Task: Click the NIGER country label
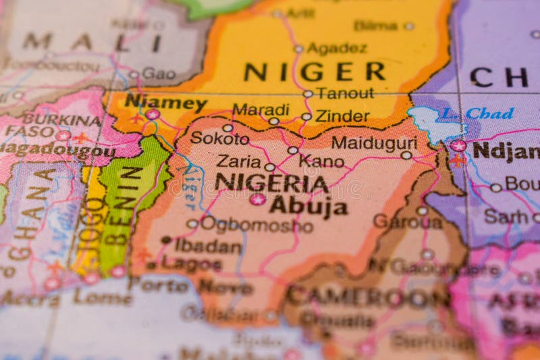314,71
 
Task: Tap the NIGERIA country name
271,183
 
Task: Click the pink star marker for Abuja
257,199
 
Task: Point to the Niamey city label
165,103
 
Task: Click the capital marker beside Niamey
153,115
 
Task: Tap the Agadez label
336,48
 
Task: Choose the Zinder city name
342,116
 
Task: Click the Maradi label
261,109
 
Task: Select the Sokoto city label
219,138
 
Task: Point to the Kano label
321,161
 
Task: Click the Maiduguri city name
364,143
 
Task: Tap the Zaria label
238,161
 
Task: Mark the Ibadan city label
208,246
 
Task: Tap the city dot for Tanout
308,94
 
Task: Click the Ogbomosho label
256,224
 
